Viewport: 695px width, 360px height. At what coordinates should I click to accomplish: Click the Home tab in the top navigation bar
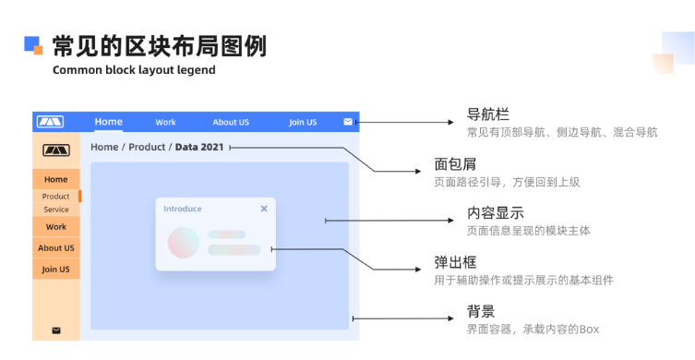[x=108, y=122]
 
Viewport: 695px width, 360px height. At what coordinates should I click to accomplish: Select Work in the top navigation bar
[x=165, y=122]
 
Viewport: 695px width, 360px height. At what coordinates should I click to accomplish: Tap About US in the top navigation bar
[x=231, y=122]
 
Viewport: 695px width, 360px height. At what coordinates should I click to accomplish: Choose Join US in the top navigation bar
[x=303, y=122]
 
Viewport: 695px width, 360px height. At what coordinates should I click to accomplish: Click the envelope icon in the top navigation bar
[x=348, y=121]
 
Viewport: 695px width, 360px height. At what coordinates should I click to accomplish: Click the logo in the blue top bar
[x=50, y=122]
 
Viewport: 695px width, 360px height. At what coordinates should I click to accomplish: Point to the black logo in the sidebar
[x=55, y=150]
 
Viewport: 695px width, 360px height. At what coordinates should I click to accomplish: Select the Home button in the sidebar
[x=56, y=179]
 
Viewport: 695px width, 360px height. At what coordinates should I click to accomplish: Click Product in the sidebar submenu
[x=55, y=197]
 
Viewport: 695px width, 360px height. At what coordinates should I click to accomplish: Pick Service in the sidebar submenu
[x=55, y=210]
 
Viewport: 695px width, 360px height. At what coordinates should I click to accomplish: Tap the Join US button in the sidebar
[x=56, y=270]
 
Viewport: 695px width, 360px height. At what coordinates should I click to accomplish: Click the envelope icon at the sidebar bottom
[x=56, y=330]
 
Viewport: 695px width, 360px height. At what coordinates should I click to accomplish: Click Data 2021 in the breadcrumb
[x=199, y=147]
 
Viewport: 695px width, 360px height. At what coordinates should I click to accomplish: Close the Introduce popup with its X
[x=264, y=209]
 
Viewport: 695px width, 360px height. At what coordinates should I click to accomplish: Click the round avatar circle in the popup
[x=184, y=243]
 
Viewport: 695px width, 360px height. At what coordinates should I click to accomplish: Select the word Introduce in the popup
[x=183, y=209]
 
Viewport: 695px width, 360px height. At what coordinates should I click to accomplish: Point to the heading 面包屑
[x=455, y=165]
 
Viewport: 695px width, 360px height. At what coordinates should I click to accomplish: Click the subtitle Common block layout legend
[x=134, y=70]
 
